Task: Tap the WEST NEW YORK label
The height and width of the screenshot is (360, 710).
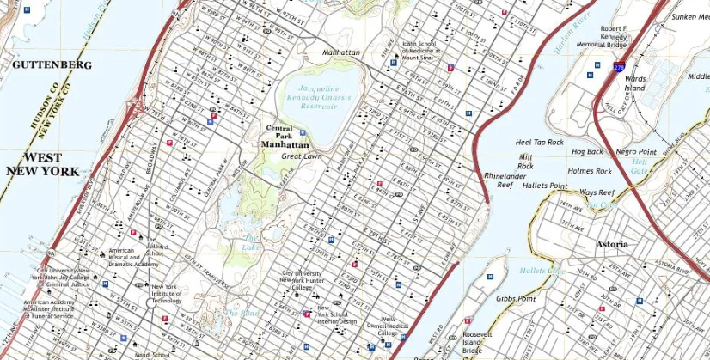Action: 43,164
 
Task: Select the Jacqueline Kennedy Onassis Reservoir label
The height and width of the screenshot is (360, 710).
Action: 325,98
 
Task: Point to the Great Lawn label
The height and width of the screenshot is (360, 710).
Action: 302,156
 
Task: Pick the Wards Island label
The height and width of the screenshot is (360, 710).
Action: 634,83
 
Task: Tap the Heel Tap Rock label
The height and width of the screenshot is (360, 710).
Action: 539,142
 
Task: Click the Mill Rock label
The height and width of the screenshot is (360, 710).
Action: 525,162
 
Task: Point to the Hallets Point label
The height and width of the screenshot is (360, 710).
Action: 544,186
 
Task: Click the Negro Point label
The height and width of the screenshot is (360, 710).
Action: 636,152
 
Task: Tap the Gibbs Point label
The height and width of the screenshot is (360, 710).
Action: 516,298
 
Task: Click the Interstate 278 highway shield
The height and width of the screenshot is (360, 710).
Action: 619,64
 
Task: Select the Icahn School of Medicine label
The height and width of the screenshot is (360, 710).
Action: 419,51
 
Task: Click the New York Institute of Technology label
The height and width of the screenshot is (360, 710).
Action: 166,294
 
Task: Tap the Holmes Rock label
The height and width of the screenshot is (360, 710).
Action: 590,171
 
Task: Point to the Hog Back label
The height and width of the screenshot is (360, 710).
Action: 587,152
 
